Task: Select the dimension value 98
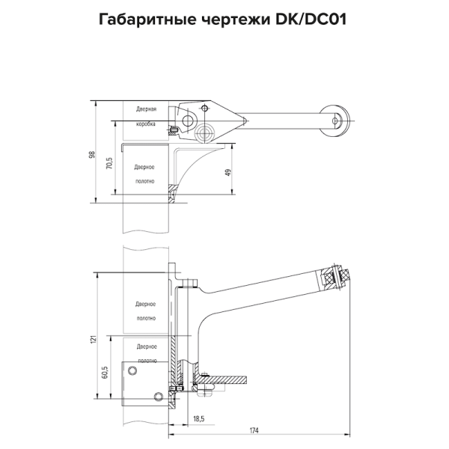pos(92,154)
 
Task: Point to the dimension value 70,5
pos(109,163)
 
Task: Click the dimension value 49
pos(227,173)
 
